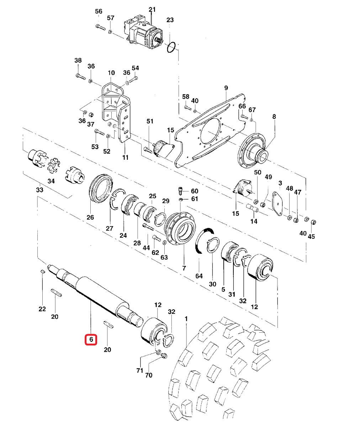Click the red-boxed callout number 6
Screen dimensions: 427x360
[x=91, y=340]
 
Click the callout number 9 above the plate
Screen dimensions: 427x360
[x=226, y=88]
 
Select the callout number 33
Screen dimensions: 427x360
[x=39, y=190]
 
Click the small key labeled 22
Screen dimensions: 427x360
[x=42, y=272]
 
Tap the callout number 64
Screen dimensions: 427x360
[x=199, y=276]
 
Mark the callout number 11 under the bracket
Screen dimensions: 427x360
[x=125, y=157]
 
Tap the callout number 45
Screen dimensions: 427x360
[x=311, y=237]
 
